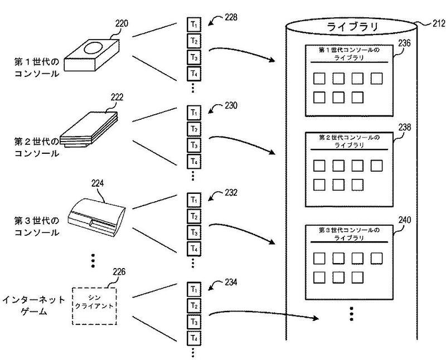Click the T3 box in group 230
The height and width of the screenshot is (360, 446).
(x=193, y=146)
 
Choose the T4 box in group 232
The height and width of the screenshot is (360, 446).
(x=193, y=248)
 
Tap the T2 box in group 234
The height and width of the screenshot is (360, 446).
(x=193, y=305)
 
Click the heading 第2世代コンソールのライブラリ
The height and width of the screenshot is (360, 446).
(x=349, y=141)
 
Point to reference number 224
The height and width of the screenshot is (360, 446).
(x=97, y=182)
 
